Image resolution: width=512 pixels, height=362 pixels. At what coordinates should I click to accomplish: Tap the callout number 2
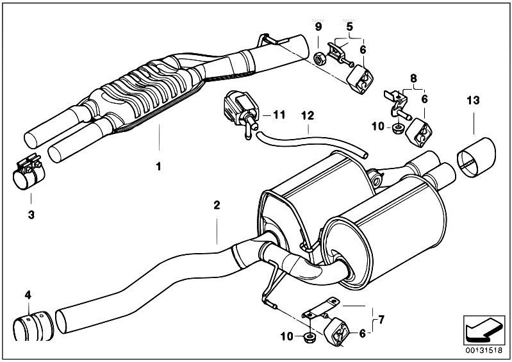(217, 205)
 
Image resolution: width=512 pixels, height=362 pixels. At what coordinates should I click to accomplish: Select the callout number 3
(31, 213)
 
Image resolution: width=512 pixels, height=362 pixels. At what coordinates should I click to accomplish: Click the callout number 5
(350, 26)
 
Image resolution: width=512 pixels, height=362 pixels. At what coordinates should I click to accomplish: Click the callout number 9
(318, 26)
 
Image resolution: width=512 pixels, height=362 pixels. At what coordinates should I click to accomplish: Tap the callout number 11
(278, 115)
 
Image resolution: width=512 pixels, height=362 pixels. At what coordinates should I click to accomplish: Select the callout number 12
(308, 116)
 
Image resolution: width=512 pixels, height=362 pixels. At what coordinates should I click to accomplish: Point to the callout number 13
(473, 101)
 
